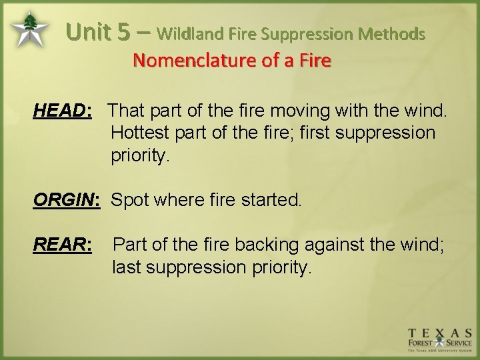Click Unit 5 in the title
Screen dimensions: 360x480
pyautogui.click(x=99, y=32)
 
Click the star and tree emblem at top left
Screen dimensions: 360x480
pyautogui.click(x=29, y=30)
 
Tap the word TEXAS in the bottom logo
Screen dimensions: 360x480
pyautogui.click(x=440, y=333)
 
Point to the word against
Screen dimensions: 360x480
pyautogui.click(x=340, y=245)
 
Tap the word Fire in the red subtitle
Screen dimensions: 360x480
pyautogui.click(x=315, y=61)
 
